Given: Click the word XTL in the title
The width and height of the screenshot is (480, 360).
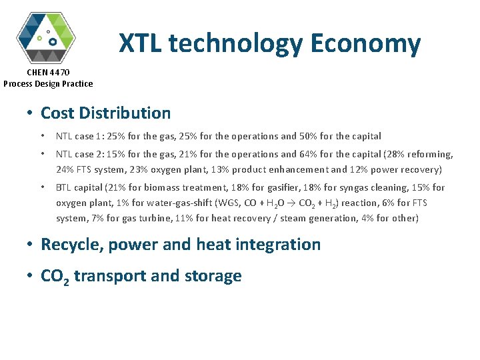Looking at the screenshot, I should coord(141,44).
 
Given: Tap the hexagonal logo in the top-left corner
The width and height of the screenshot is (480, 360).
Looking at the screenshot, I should coord(45,37).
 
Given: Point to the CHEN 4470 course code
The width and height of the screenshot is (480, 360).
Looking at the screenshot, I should coord(48,72).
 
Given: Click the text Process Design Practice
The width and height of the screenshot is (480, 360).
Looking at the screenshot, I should coord(48,83).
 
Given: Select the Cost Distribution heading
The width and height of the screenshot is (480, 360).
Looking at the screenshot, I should coord(105,113).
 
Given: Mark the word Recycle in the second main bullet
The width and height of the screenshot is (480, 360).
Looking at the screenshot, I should coord(67,244).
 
